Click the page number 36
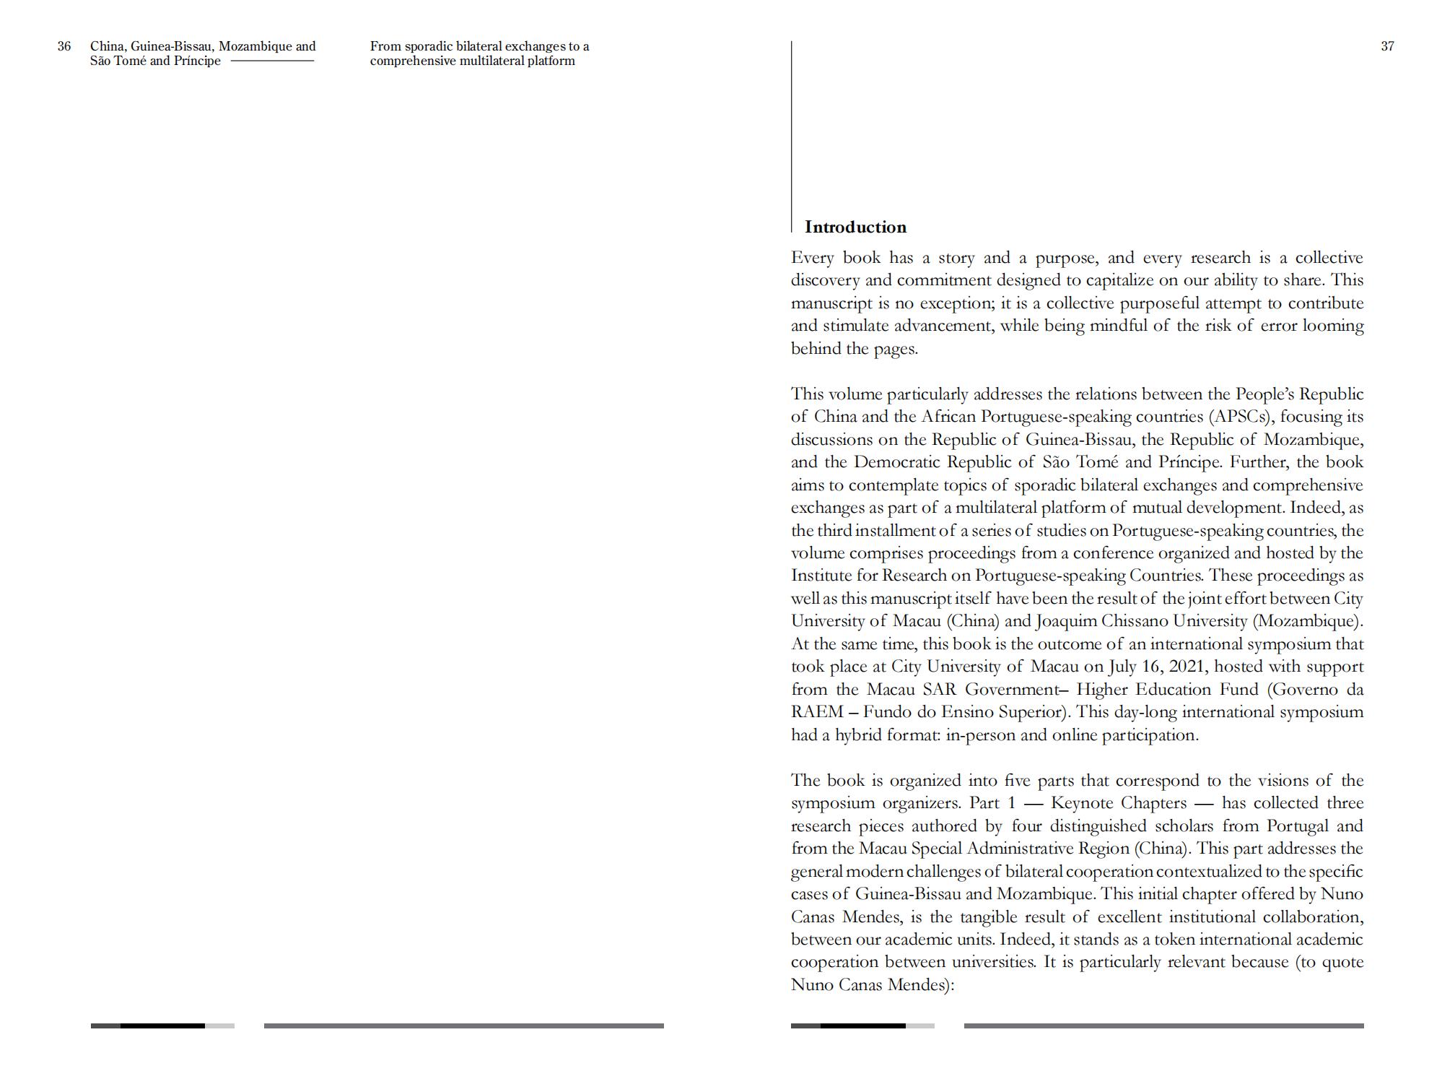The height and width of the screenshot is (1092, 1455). [64, 47]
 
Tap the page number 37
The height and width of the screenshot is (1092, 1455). [1387, 47]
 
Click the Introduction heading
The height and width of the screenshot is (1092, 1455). [855, 227]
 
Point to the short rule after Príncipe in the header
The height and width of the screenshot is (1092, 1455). [272, 61]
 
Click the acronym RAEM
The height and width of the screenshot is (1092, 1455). [817, 712]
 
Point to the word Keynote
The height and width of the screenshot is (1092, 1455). [1082, 803]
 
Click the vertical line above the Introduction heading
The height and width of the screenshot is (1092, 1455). [792, 130]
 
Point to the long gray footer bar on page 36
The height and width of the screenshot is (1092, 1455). [463, 1026]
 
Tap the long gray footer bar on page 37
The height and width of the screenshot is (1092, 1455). [1163, 1026]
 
